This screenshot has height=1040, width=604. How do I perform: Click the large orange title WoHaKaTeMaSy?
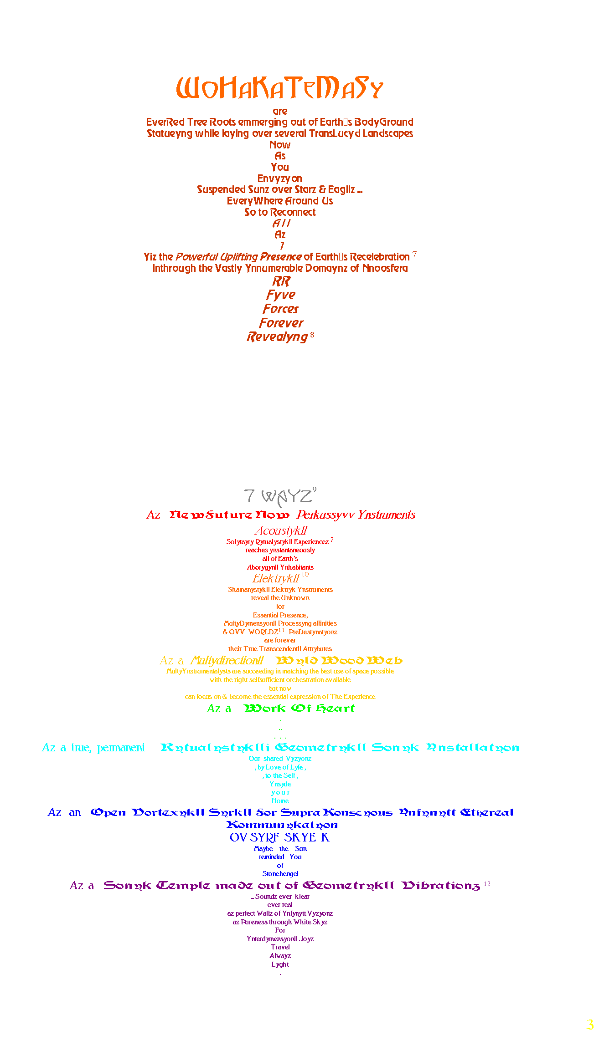click(279, 88)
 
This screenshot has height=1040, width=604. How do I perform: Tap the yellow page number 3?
click(589, 1025)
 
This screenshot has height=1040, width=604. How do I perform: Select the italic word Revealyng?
click(277, 337)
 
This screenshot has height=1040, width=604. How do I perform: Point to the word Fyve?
click(281, 295)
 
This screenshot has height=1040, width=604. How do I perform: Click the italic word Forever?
click(281, 323)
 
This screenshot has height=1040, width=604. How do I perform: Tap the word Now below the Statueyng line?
click(280, 145)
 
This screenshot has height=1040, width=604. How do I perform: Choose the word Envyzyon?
click(279, 178)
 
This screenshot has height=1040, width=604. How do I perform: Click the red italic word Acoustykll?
click(281, 530)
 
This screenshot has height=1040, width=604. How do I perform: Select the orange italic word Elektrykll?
click(276, 578)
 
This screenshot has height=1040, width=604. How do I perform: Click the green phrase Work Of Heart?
click(299, 708)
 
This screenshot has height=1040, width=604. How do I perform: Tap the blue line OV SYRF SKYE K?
click(279, 837)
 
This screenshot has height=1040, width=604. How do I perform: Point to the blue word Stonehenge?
click(280, 874)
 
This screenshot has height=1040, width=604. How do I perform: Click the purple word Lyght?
click(280, 964)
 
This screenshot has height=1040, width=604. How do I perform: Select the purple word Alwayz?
click(280, 956)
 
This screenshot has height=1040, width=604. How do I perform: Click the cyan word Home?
click(280, 801)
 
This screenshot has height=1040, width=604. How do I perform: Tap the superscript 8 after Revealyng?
click(312, 335)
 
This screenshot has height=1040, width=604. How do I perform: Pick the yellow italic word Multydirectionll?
click(227, 660)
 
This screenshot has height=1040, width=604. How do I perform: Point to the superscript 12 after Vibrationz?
click(487, 884)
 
